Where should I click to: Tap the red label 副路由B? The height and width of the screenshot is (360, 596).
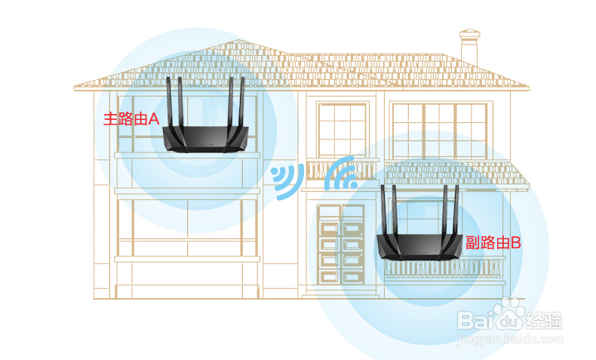(493, 242)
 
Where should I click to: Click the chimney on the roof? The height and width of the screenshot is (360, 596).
(469, 47)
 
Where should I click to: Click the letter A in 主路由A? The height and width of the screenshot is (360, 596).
(154, 118)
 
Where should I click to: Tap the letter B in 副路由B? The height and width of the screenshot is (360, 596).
(516, 242)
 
